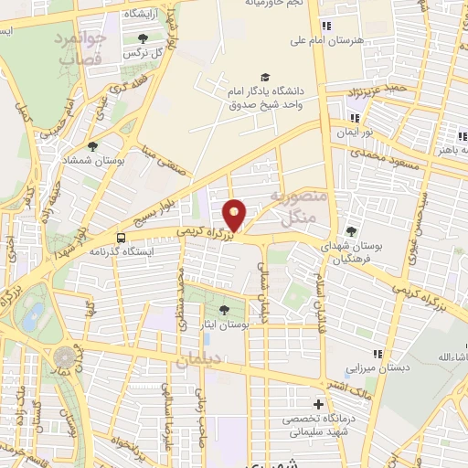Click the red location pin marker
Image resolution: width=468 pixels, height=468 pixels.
[235, 215]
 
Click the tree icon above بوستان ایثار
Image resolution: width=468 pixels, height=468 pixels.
[226, 311]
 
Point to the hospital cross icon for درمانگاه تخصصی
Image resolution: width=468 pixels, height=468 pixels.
[318, 404]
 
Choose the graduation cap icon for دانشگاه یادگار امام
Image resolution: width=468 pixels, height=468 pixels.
[265, 78]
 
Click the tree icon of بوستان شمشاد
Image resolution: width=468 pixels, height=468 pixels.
[92, 145]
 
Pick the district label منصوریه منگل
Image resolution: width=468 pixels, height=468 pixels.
[293, 208]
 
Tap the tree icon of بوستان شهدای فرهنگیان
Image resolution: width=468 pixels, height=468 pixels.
[352, 230]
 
